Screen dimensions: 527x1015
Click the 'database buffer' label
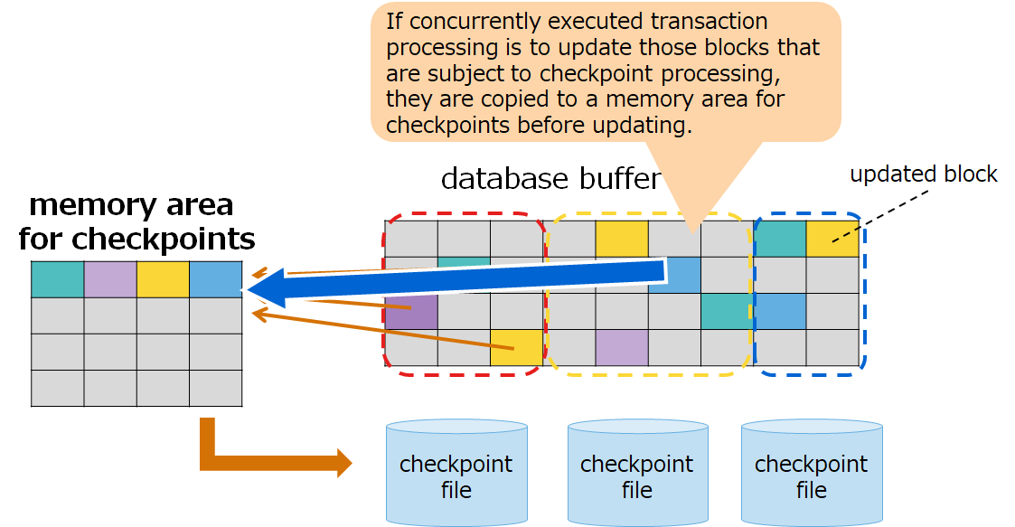[550, 179]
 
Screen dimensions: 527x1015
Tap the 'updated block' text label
[923, 174]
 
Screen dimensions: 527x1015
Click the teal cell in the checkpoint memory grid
[57, 279]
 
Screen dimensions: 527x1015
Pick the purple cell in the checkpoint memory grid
[110, 279]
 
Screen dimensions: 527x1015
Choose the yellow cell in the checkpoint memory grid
[163, 279]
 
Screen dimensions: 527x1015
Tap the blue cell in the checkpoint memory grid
[216, 279]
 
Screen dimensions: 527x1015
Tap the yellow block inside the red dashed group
[517, 347]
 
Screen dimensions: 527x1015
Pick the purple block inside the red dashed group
[411, 311]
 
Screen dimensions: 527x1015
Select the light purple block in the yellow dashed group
[622, 347]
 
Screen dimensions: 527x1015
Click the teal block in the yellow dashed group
[726, 311]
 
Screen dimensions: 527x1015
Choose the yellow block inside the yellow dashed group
[622, 239]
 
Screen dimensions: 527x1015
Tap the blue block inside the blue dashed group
[780, 311]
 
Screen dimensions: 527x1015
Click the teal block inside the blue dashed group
[780, 239]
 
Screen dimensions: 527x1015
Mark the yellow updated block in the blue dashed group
[832, 239]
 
